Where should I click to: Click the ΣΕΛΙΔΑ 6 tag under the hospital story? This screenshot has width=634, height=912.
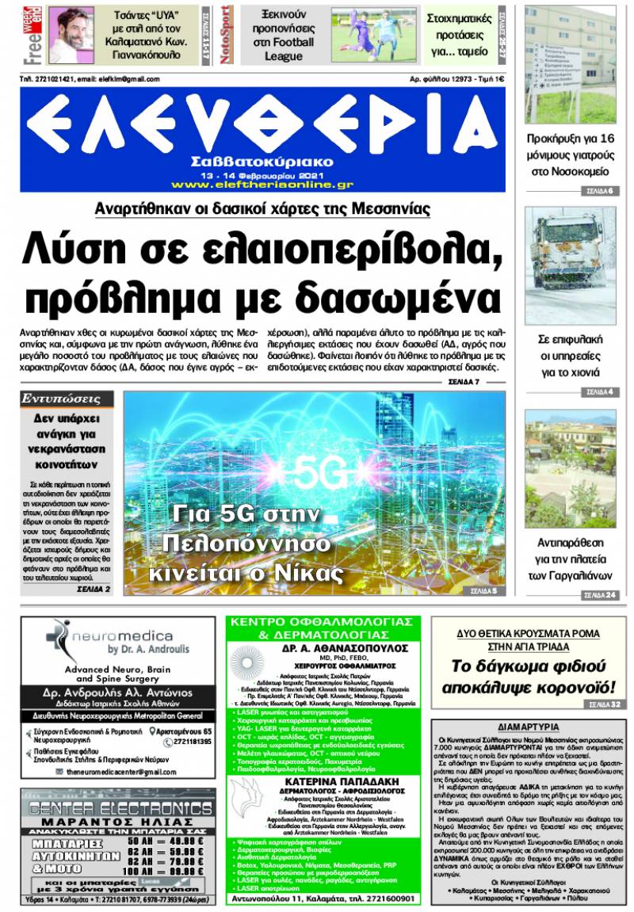pos(600,191)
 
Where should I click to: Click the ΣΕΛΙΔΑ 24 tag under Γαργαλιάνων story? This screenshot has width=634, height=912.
pos(600,595)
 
